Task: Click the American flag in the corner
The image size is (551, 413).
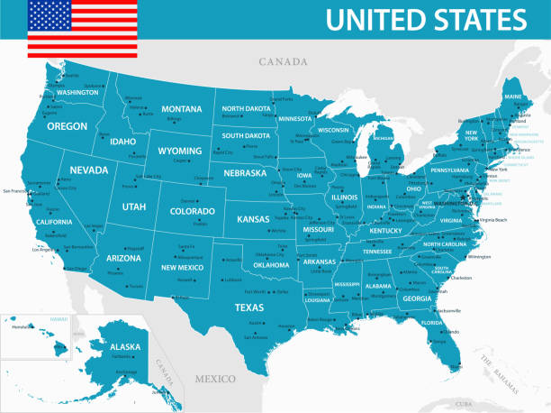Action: [x=82, y=28]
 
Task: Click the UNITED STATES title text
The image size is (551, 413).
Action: [x=426, y=19]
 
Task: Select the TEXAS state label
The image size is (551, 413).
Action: [x=249, y=307]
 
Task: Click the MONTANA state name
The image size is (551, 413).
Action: [x=181, y=109]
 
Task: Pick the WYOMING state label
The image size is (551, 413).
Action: [x=179, y=150]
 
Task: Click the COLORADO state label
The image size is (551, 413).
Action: [x=193, y=212]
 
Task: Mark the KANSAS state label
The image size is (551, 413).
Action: [x=253, y=218]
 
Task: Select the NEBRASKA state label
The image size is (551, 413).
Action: [x=245, y=172]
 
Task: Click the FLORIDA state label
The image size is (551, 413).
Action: [x=431, y=322]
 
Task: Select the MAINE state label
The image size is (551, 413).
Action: [x=513, y=96]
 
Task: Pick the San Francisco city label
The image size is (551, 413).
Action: [x=16, y=191]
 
